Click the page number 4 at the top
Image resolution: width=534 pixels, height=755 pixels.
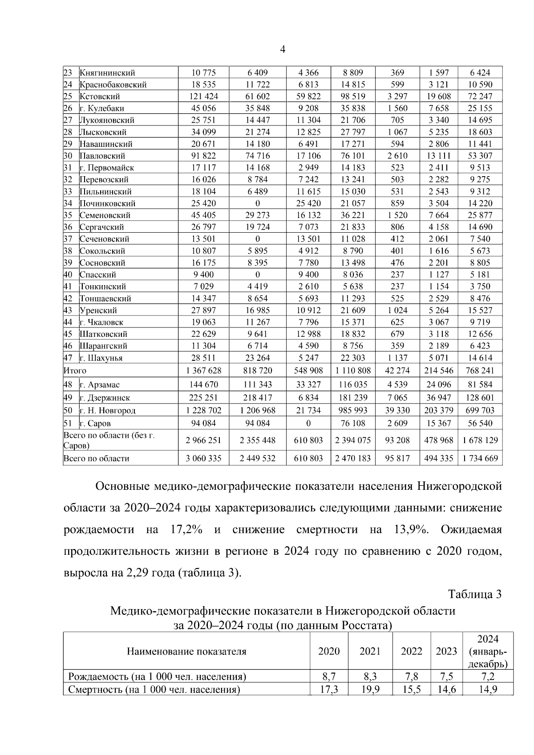click(x=283, y=49)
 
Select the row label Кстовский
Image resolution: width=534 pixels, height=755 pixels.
click(x=100, y=97)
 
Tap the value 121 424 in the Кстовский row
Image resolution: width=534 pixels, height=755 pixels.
click(x=203, y=97)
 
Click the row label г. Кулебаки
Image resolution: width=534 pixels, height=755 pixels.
click(x=102, y=109)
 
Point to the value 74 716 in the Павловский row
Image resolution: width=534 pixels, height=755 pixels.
click(x=257, y=156)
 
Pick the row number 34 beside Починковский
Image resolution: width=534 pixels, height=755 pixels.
click(x=68, y=203)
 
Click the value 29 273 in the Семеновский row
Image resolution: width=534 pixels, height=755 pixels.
click(x=257, y=215)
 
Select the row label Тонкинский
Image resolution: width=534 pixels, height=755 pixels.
click(x=103, y=287)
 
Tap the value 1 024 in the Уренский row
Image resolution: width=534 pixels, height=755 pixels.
click(x=397, y=311)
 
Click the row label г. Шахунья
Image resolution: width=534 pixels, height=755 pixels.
click(x=101, y=358)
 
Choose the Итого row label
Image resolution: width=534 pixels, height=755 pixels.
click(x=75, y=371)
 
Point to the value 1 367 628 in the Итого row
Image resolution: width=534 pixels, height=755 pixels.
click(x=203, y=371)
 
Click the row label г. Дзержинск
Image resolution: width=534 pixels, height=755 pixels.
click(x=105, y=398)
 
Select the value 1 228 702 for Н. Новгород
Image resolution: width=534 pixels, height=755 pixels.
click(x=203, y=411)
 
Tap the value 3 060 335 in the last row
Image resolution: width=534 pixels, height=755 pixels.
click(x=203, y=458)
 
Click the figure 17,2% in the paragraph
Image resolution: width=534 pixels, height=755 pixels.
click(x=186, y=530)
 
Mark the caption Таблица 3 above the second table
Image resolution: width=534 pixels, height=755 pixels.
click(x=475, y=594)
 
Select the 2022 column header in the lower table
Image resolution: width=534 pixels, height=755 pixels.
click(x=411, y=652)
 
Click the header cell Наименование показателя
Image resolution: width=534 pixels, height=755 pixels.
click(x=186, y=652)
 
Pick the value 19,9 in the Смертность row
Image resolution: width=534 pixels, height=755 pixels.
click(x=370, y=690)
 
